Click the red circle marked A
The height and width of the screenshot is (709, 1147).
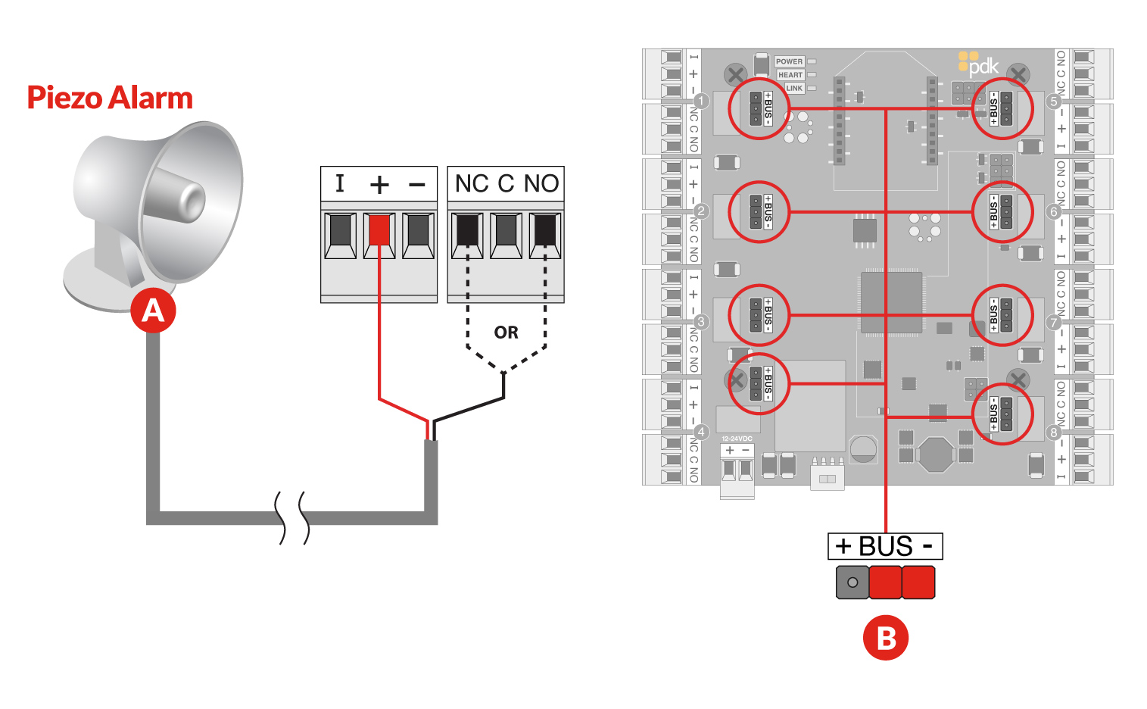(153, 311)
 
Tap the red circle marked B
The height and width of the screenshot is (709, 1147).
(885, 638)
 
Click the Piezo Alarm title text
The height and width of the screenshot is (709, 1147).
(110, 98)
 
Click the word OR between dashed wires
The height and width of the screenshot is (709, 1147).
(506, 333)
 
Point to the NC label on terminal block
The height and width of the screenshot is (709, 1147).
(472, 183)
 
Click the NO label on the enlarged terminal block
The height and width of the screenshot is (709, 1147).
(541, 183)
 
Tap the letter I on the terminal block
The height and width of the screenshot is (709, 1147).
(340, 183)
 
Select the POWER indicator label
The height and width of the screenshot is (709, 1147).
(789, 61)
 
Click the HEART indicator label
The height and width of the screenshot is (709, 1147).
(790, 75)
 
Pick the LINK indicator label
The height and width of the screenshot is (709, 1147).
(793, 88)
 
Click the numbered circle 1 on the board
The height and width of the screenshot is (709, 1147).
(701, 101)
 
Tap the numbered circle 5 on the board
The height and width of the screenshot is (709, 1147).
(1053, 102)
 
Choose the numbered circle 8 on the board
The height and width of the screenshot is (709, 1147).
(1053, 433)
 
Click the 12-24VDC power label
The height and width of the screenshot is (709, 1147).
(737, 439)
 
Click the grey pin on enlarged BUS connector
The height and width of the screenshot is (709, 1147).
(852, 583)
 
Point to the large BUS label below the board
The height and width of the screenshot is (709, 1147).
(885, 546)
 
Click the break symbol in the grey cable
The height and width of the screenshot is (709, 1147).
(293, 518)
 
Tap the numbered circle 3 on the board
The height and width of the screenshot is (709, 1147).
(701, 322)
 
